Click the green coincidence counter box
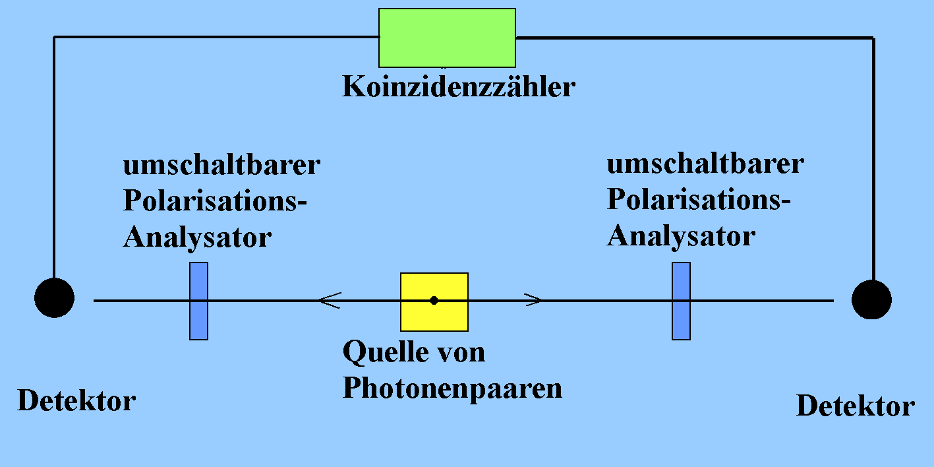[447, 38]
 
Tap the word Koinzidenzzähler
[458, 87]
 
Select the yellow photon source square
[434, 301]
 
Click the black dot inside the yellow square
[434, 300]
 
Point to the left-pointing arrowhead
[328, 300]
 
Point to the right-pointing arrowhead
[534, 300]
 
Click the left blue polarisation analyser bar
[198, 301]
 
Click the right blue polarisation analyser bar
[681, 301]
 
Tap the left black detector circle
[54, 297]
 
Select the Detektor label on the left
[76, 400]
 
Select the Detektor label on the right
[856, 406]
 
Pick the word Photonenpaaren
[452, 388]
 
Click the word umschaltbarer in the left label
[221, 165]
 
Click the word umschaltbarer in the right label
[705, 164]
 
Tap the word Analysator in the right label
[681, 235]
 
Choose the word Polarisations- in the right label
[699, 199]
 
